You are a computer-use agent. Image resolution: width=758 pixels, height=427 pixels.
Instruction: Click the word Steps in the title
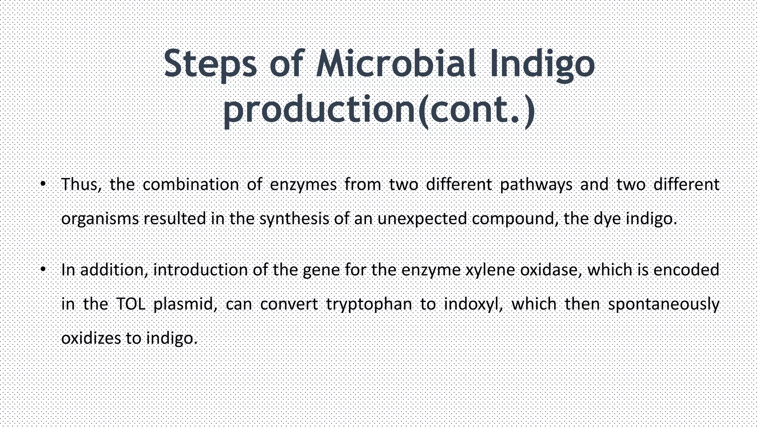coord(210,64)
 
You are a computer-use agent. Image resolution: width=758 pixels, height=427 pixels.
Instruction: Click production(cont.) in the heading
coord(379,110)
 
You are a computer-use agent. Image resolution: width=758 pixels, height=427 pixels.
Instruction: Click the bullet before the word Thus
coord(43,183)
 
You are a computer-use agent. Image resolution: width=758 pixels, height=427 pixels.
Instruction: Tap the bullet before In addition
coord(43,269)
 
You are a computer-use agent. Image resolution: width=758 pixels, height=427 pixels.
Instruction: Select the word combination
coord(191,185)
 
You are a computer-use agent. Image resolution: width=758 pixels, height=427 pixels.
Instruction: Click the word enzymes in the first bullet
coord(303,185)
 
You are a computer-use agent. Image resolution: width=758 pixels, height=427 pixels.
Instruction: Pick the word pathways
coord(536,185)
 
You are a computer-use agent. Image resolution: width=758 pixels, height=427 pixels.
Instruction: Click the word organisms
coord(100,219)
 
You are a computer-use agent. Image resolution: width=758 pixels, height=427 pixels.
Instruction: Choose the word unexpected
coord(422,219)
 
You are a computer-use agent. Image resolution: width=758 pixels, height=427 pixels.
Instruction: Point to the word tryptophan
coord(369,304)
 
